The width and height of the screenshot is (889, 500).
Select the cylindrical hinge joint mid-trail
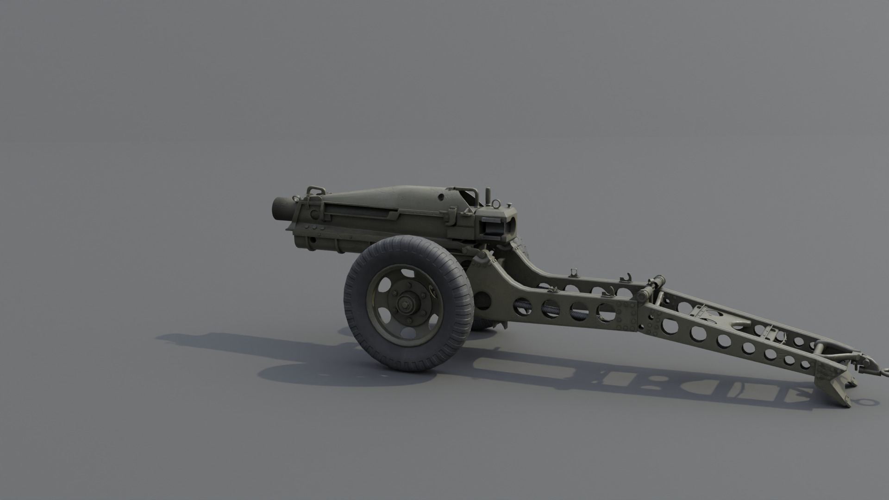652,284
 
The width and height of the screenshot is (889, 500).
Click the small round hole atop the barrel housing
440,197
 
